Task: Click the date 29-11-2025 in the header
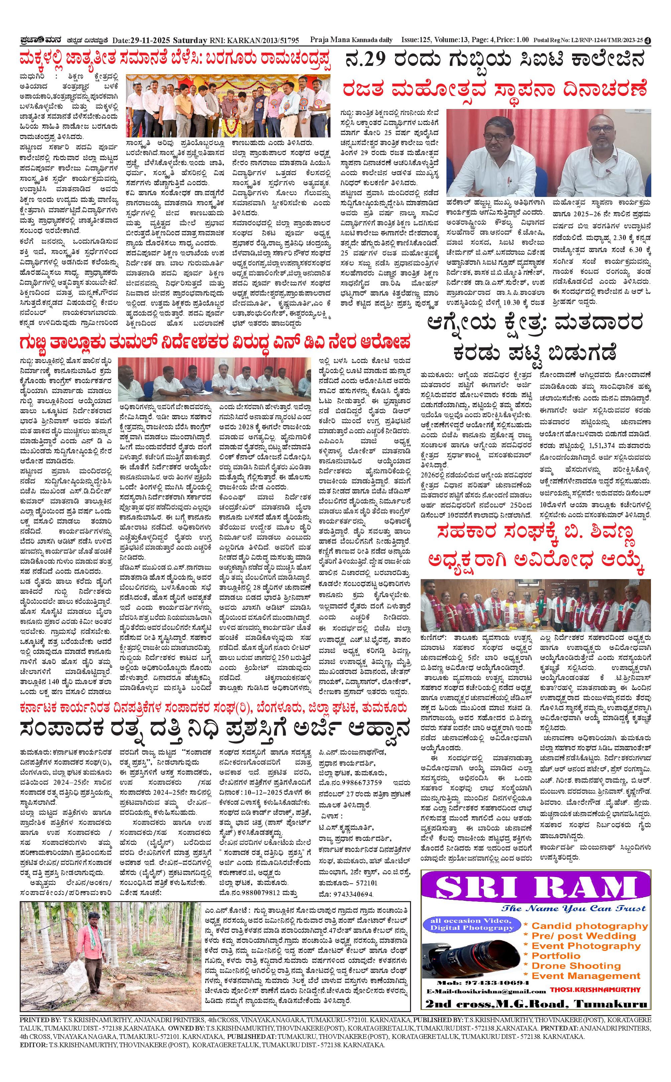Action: coord(148,40)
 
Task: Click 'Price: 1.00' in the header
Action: coord(513,40)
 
